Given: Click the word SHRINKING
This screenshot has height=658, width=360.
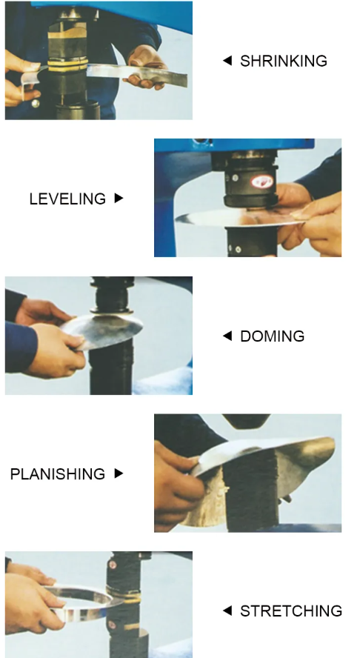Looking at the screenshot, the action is [283, 61].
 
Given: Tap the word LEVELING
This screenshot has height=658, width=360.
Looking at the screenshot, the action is [67, 199].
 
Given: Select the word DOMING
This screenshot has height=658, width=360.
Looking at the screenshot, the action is [273, 336].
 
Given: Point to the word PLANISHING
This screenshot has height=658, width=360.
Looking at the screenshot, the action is [58, 473].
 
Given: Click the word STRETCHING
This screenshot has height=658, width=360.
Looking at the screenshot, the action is [291, 611].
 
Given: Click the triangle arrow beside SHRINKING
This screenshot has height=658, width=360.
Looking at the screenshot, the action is [227, 61].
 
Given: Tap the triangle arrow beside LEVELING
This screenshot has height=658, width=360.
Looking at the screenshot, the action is [119, 198].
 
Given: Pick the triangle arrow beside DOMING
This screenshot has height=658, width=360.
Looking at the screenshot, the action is [227, 336].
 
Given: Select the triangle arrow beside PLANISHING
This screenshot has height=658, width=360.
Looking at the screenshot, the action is [119, 473].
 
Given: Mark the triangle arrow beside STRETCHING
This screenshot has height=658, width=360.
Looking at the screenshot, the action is [227, 611].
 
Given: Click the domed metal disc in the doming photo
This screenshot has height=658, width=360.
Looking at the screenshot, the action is [103, 331].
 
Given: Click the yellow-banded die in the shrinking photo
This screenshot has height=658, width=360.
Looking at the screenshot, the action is [67, 65].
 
